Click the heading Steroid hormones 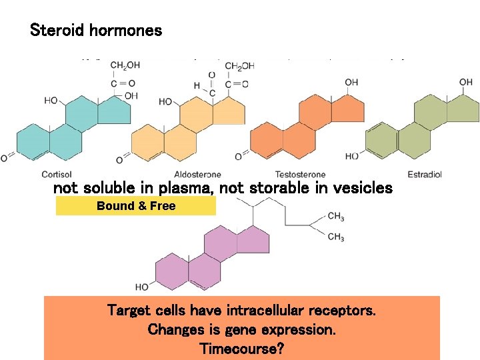(96, 31)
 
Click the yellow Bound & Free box (135, 206)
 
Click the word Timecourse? (241, 347)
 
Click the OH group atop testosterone (351, 83)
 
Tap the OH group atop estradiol (465, 83)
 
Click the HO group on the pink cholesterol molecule (141, 287)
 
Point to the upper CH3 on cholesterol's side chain (335, 216)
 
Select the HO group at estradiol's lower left (353, 157)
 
